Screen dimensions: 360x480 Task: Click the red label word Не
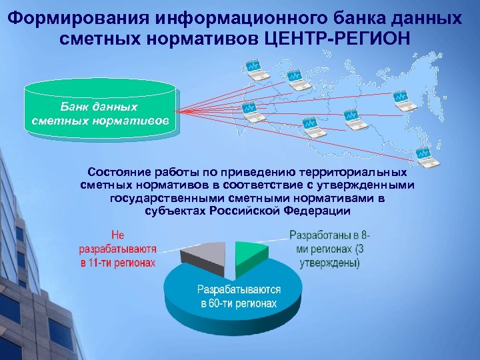[117, 235]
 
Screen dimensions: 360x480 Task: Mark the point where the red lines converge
[181, 111]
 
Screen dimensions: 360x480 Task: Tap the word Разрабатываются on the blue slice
[238, 291]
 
